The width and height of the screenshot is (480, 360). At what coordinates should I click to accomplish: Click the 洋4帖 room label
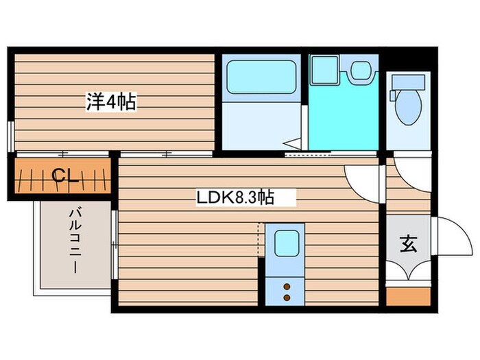(110, 103)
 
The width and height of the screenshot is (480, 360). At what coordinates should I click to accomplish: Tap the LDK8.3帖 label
(235, 198)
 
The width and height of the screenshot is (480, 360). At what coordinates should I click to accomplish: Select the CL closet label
(64, 178)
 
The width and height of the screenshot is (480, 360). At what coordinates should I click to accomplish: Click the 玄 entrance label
(408, 244)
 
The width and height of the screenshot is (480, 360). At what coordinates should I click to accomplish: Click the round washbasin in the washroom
(360, 69)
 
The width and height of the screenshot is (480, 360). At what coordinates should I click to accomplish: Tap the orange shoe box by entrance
(408, 296)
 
